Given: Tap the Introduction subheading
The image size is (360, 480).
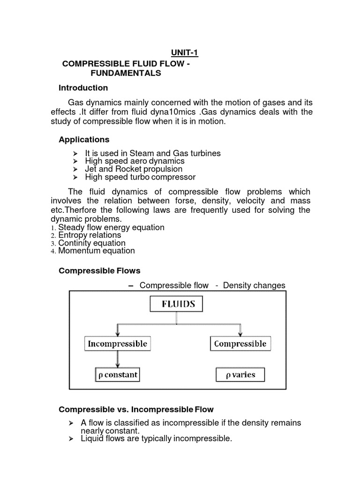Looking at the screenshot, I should (x=83, y=88).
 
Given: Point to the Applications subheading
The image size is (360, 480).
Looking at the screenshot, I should (x=84, y=139).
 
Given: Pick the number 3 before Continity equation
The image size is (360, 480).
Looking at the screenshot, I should (x=53, y=244).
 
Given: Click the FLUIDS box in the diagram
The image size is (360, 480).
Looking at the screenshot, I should (x=176, y=305).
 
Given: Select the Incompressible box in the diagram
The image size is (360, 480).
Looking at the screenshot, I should (x=117, y=344).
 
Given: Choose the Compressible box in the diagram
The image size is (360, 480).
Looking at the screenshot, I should (x=240, y=344).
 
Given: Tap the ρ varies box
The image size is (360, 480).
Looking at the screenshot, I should (x=240, y=375).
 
